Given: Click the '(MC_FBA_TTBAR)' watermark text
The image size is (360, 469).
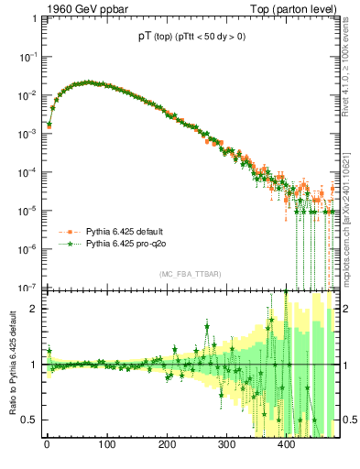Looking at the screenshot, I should click(191, 274).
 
